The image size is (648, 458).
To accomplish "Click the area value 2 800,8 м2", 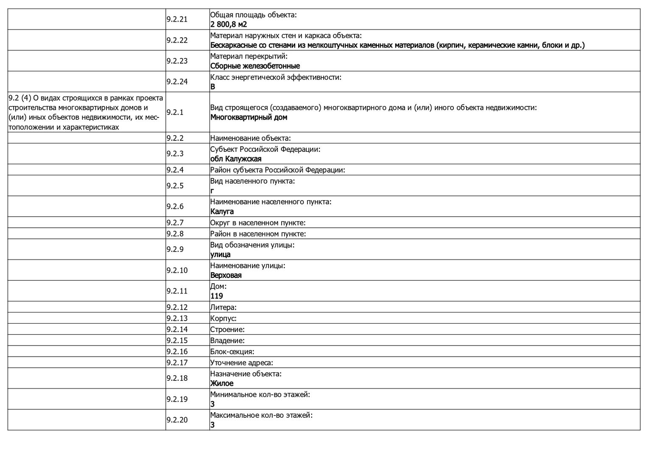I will [x=229, y=25].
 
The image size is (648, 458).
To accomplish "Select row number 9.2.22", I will [x=177, y=40].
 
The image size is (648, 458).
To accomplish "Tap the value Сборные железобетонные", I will [x=255, y=66].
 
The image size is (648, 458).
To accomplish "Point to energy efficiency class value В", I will [x=213, y=87].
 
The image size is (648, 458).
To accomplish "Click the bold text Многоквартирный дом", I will [x=249, y=117].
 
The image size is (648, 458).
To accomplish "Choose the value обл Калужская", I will [x=236, y=159].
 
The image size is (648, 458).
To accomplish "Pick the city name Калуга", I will [x=222, y=212].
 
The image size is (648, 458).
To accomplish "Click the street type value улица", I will [x=221, y=254].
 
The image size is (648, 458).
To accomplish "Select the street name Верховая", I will [x=226, y=275].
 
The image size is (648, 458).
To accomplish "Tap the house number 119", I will [x=217, y=296].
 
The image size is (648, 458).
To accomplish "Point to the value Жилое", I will [x=222, y=383].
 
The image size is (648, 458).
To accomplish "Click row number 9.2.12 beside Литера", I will [x=177, y=307].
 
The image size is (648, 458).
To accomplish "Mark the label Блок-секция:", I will [x=232, y=352].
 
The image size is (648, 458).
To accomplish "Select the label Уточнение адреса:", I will [x=242, y=363].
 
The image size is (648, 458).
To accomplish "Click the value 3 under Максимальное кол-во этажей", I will [x=212, y=425].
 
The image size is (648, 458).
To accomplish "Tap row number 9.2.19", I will [x=177, y=399].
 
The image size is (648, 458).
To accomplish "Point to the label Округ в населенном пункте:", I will [x=258, y=223].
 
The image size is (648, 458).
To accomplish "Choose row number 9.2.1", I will [x=175, y=112].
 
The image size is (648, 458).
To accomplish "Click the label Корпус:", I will [x=223, y=318].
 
